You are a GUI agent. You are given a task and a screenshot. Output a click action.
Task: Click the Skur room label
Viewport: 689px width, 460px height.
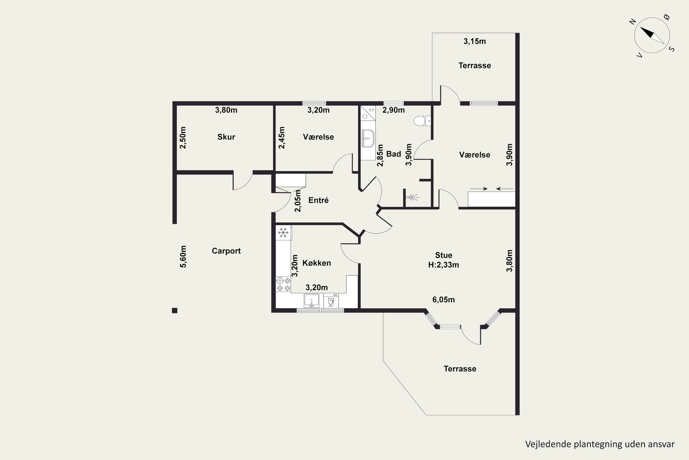tap(226, 137)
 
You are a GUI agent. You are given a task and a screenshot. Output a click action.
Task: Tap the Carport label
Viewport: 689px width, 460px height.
tap(226, 251)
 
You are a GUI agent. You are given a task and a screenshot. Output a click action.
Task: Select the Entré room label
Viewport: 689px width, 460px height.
tap(318, 200)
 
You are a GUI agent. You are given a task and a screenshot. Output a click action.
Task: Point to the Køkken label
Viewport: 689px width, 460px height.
tap(317, 263)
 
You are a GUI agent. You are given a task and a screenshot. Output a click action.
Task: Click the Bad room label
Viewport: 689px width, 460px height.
tap(393, 154)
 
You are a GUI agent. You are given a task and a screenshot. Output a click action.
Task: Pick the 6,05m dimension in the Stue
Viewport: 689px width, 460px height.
tap(443, 299)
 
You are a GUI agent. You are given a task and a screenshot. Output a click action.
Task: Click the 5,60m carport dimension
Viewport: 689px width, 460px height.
tap(183, 256)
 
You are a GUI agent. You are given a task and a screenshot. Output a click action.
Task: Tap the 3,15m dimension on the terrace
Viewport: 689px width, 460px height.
tap(474, 41)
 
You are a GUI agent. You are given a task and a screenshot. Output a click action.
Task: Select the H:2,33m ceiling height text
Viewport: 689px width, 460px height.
tap(443, 265)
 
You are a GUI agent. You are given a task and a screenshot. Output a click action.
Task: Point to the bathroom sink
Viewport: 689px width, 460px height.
tap(368, 138)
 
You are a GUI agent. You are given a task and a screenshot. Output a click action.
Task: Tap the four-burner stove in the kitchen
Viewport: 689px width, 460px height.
tap(283, 284)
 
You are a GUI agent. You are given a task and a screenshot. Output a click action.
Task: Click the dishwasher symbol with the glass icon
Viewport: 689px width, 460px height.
tap(331, 300)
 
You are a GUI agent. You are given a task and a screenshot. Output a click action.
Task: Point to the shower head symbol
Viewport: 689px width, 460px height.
tap(412, 197)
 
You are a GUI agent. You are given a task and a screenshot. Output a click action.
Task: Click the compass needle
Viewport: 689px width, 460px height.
tap(652, 35)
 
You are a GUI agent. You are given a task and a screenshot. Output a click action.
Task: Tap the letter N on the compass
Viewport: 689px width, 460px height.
tap(633, 21)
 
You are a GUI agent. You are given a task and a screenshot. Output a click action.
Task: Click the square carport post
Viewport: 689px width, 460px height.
tap(175, 310)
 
